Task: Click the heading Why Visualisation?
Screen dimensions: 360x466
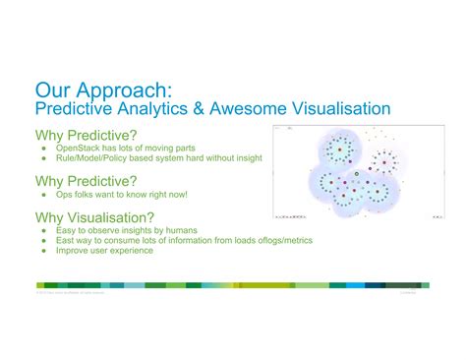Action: (x=89, y=217)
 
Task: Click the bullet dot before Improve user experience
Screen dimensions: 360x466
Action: (x=44, y=251)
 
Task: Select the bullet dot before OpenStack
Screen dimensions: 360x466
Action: (x=44, y=147)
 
